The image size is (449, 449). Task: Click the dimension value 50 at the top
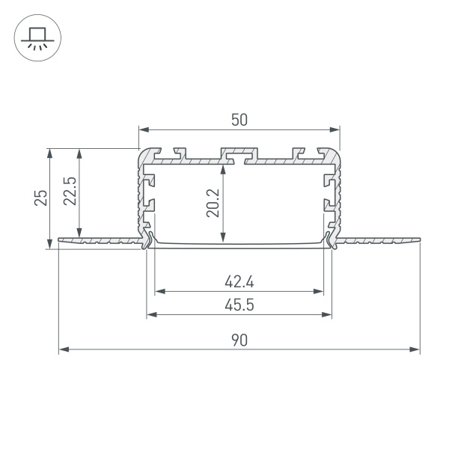click(239, 119)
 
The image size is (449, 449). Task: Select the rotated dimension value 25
click(42, 198)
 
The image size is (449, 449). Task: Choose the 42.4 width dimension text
click(239, 282)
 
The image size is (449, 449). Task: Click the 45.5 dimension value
click(239, 305)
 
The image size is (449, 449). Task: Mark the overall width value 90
click(239, 340)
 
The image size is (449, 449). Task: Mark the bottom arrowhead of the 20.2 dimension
click(222, 239)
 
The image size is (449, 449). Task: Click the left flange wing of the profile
click(97, 240)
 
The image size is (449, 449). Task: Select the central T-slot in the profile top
click(239, 156)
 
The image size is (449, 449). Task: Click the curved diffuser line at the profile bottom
click(239, 244)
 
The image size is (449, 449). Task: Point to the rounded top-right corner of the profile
click(336, 153)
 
